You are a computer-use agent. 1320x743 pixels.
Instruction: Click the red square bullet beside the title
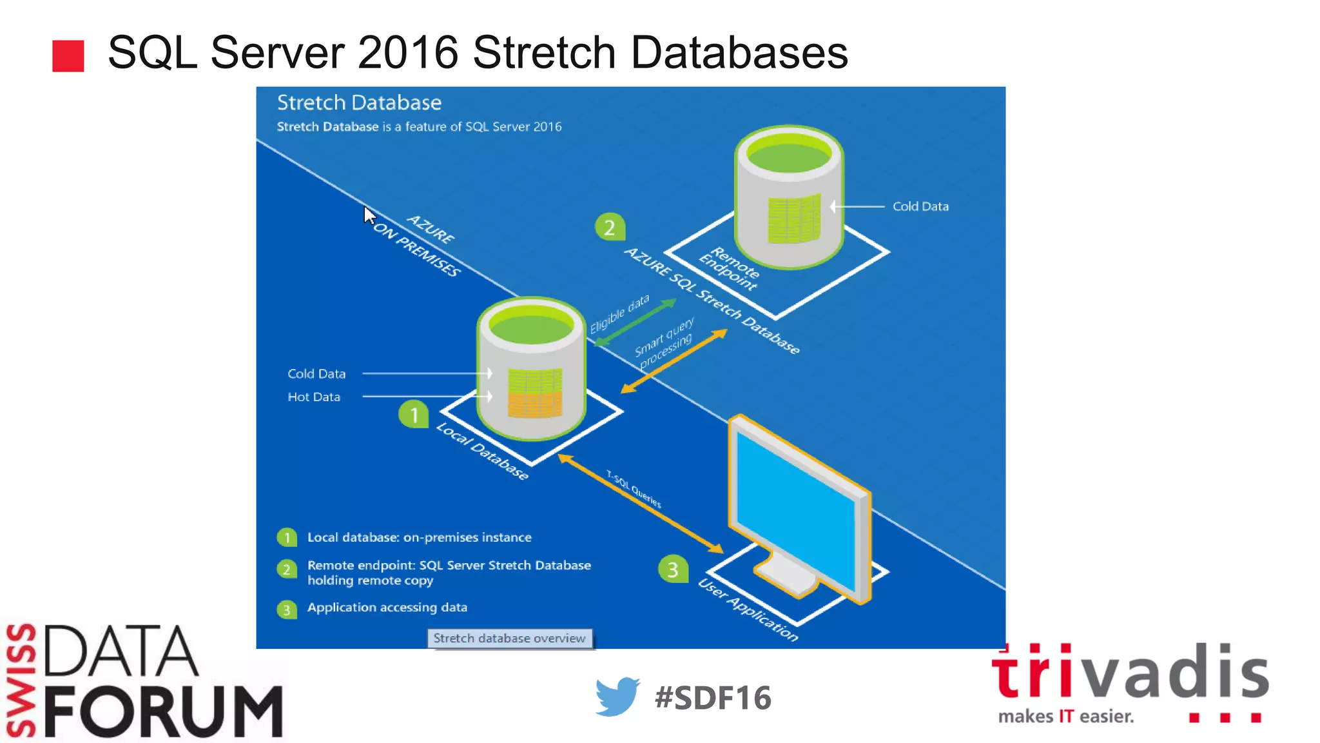pos(68,55)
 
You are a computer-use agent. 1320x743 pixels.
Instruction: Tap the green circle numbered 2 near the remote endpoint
pos(609,227)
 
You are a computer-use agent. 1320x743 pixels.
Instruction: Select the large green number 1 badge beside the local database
pos(414,414)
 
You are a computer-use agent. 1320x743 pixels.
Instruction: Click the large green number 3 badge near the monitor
pos(672,569)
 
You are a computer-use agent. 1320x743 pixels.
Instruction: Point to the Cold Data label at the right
pos(920,206)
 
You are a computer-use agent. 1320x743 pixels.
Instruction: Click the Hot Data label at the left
pos(314,397)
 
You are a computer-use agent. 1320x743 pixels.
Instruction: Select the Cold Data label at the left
pos(316,374)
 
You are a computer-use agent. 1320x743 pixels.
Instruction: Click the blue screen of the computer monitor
pos(796,510)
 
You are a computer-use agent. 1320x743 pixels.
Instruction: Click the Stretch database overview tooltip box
pos(509,639)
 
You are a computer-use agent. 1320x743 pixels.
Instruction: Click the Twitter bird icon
pos(617,697)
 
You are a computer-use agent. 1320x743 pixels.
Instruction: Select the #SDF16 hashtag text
pos(712,698)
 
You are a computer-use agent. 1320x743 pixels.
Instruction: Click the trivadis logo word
pos(1130,672)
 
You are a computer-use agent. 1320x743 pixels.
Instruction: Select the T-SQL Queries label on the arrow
pos(634,489)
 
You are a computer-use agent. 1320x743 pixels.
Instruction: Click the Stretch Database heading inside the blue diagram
pos(359,103)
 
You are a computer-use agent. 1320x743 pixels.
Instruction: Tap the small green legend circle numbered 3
pos(286,609)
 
